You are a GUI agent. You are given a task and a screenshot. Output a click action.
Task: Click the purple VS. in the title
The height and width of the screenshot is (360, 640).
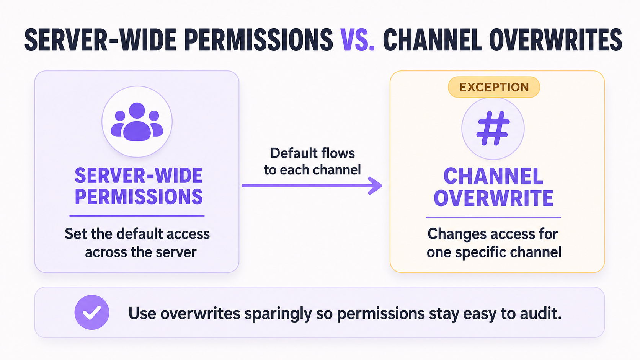357,40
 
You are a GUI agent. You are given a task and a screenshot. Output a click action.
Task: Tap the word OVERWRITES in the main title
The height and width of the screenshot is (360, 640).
556,40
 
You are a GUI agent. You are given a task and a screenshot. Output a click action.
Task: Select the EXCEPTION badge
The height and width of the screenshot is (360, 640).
494,87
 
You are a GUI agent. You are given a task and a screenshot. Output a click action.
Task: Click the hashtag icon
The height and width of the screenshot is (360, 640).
493,128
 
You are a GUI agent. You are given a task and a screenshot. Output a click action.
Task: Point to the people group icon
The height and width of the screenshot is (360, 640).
137,122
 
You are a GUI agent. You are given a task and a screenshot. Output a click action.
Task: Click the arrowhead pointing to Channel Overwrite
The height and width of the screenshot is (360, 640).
376,186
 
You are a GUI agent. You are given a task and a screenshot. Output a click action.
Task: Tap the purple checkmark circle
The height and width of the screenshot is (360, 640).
92,312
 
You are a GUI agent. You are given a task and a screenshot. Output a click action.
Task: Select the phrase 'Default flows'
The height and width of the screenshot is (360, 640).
313,153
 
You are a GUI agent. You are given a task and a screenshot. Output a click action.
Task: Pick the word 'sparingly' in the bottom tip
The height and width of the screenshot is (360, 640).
278,314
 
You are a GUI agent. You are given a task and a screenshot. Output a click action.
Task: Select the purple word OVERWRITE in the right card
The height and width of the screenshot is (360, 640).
493,197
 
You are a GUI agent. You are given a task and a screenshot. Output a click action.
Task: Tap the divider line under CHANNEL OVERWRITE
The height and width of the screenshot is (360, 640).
493,217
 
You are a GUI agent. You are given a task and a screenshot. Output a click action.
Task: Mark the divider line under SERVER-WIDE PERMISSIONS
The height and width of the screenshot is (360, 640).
137,216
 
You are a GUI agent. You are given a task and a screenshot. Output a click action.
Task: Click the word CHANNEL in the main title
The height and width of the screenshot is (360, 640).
433,40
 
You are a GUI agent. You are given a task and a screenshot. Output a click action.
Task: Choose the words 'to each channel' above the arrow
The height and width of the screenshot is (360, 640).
312,170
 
